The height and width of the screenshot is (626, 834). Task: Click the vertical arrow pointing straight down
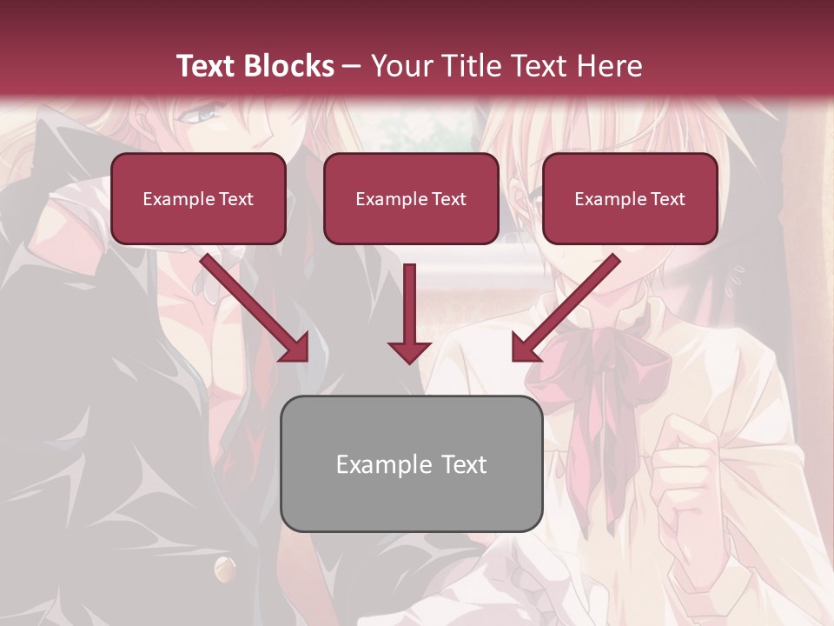409,313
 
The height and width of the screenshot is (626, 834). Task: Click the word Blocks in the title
289,66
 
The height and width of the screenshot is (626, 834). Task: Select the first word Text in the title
207,66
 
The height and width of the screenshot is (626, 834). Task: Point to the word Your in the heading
403,66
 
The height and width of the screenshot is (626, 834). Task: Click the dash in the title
352,66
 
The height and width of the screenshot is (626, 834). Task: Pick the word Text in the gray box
463,464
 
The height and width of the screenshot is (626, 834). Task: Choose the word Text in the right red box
667,199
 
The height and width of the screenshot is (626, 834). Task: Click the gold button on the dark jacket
224,569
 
